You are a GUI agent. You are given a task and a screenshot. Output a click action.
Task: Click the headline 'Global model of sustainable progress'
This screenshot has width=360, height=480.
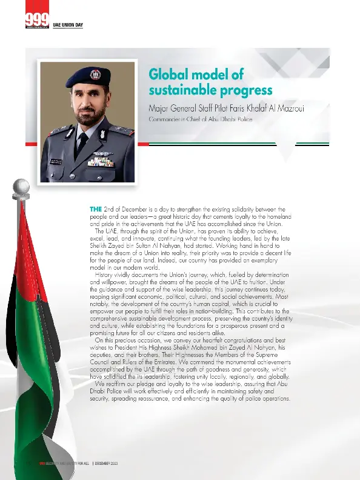coord(210,82)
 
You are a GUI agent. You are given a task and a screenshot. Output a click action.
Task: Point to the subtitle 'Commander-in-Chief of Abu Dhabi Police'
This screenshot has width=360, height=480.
coord(200,120)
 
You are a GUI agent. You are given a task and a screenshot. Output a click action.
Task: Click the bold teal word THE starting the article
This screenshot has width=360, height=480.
coord(96,209)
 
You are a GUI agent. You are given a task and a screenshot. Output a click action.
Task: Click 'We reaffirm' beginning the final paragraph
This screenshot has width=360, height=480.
coord(115,384)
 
